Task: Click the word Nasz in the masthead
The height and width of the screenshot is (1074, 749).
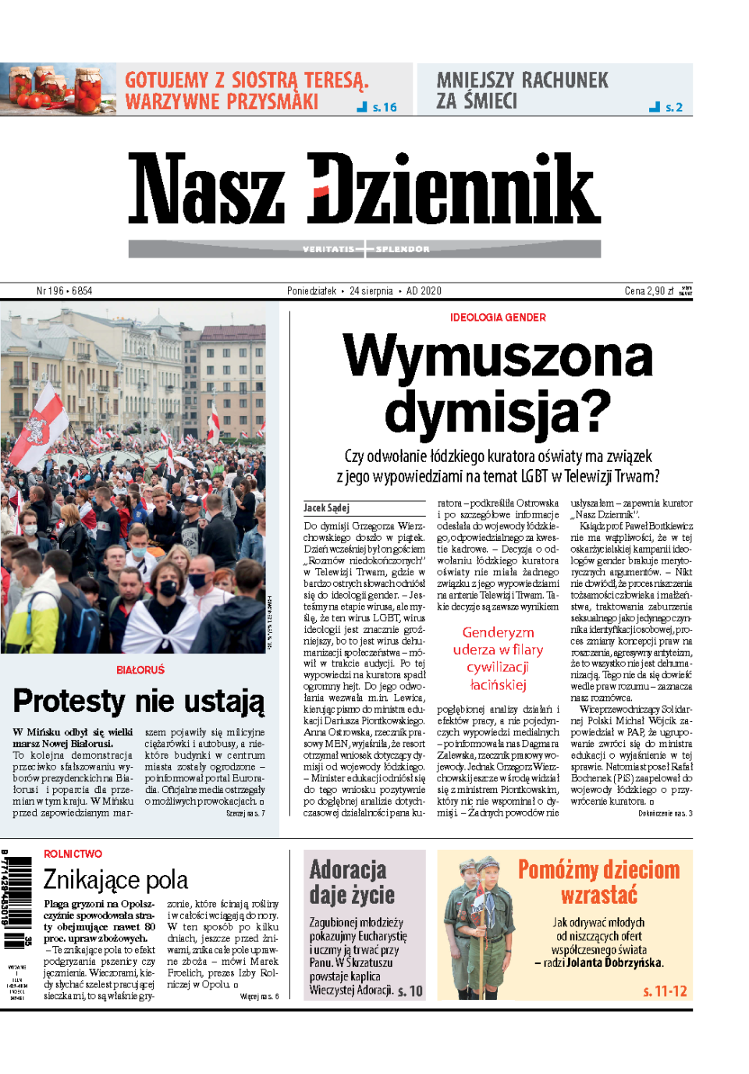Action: (x=207, y=190)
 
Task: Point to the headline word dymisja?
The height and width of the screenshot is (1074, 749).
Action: (x=498, y=411)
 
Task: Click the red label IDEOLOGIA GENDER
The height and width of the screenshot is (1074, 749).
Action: (x=498, y=318)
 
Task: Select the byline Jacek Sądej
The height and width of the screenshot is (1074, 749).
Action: (x=327, y=508)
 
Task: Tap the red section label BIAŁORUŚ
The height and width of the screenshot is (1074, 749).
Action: (x=140, y=670)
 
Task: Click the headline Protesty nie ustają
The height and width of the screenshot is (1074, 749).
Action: (x=139, y=701)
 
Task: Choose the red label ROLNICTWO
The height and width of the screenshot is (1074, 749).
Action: (x=73, y=854)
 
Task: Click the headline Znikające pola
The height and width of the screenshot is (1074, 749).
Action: (x=115, y=880)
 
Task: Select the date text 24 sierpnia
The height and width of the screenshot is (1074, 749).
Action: (x=371, y=291)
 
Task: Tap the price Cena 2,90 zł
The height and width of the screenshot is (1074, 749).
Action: (x=649, y=291)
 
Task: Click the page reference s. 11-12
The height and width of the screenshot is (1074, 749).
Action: (x=665, y=991)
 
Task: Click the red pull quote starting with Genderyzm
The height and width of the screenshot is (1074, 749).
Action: (x=498, y=659)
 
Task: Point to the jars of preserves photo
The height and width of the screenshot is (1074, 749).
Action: (x=59, y=89)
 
